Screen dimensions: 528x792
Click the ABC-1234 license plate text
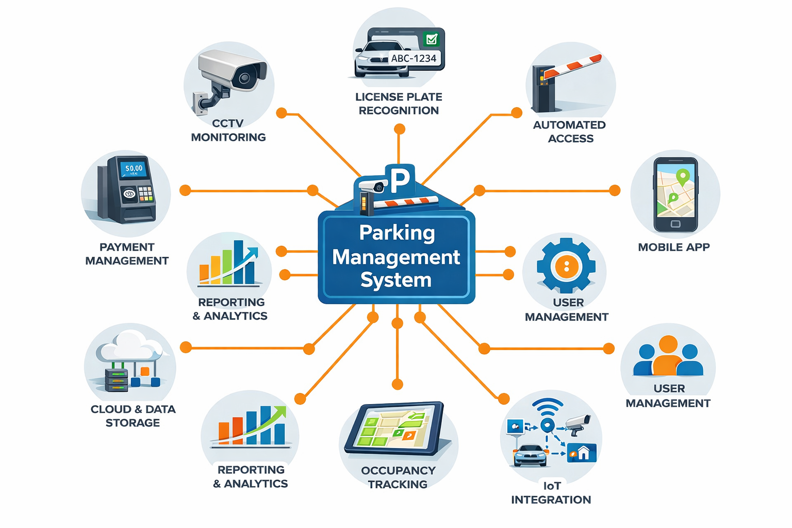414,58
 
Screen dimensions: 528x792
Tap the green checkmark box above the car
431,39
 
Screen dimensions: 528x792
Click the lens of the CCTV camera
244,78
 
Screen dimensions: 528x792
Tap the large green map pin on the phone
683,177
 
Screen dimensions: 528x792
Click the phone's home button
675,224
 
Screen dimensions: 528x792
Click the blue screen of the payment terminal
134,169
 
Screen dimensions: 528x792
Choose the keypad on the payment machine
146,193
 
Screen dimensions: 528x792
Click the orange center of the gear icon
566,266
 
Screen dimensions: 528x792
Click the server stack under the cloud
117,380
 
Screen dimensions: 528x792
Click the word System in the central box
396,280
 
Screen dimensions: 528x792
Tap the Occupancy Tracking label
398,477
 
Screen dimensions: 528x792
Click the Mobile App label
674,247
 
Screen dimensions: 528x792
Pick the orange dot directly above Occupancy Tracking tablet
397,384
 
